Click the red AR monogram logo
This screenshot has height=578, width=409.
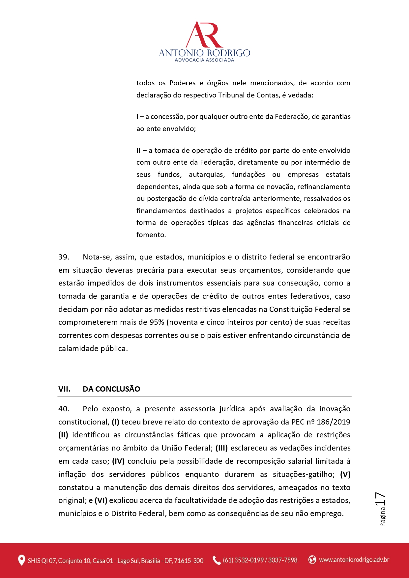(204, 35)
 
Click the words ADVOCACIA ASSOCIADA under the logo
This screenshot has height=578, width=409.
(204, 60)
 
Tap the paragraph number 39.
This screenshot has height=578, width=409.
(64, 257)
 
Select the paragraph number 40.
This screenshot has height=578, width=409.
(64, 409)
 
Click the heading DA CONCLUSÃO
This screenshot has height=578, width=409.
(111, 389)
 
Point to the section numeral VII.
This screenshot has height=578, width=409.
(64, 389)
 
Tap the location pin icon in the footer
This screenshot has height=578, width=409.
(21, 560)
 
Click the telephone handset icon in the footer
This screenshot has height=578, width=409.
(217, 560)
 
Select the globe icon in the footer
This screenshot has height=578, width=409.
(312, 560)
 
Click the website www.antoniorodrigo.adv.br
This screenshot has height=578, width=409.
(354, 560)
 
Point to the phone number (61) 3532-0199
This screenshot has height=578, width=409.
(243, 560)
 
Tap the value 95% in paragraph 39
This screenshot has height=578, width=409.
(157, 322)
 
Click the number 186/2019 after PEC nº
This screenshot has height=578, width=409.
(334, 422)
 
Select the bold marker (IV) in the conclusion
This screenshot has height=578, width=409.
(118, 461)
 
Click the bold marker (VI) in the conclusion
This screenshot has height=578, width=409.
(101, 500)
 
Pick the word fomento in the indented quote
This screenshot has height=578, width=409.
(151, 235)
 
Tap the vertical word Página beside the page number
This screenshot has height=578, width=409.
(383, 516)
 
